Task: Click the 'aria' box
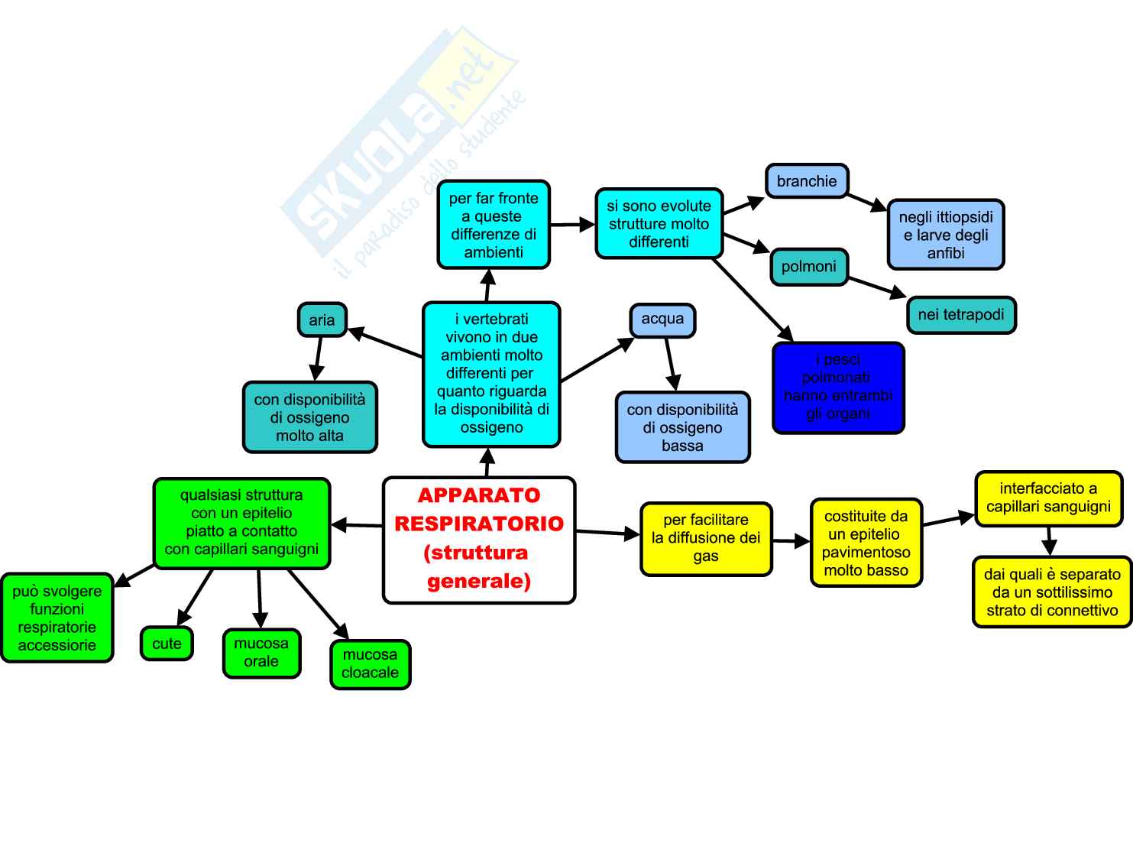(x=322, y=319)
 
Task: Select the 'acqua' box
(x=662, y=319)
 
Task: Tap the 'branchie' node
(x=807, y=181)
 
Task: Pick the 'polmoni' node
(x=809, y=267)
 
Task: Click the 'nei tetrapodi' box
(x=961, y=315)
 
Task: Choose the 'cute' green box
(x=167, y=644)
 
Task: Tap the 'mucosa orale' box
(x=261, y=653)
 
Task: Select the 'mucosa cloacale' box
(x=371, y=664)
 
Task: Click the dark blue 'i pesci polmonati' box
(x=838, y=388)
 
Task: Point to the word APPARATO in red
(x=479, y=495)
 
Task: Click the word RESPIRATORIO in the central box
(x=479, y=524)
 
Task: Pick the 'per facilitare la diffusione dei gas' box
(x=706, y=538)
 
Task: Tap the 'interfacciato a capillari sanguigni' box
(x=1048, y=498)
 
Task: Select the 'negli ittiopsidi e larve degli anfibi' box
(x=946, y=235)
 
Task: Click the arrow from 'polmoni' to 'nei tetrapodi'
(x=876, y=286)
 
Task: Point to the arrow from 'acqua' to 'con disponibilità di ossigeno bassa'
(x=671, y=365)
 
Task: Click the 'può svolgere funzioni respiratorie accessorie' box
(x=57, y=618)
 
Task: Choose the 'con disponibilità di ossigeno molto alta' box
(x=309, y=417)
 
